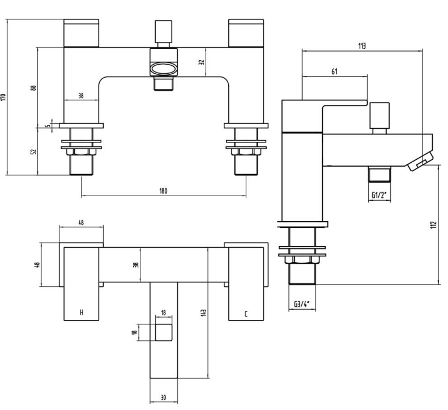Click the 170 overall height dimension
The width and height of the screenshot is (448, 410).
coord(4,97)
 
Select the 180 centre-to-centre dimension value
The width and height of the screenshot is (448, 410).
coord(163,191)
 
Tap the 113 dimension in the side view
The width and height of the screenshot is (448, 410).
coord(362,46)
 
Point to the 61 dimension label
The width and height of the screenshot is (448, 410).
coord(334,71)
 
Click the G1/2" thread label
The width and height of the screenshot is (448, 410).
coord(379,195)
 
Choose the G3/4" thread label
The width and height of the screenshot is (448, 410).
coord(302,304)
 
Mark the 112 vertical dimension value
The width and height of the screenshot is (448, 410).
coord(434,225)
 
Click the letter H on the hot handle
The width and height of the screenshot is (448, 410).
coord(82,312)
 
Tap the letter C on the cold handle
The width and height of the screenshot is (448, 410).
coord(246,314)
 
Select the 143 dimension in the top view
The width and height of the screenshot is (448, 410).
coord(203,312)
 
